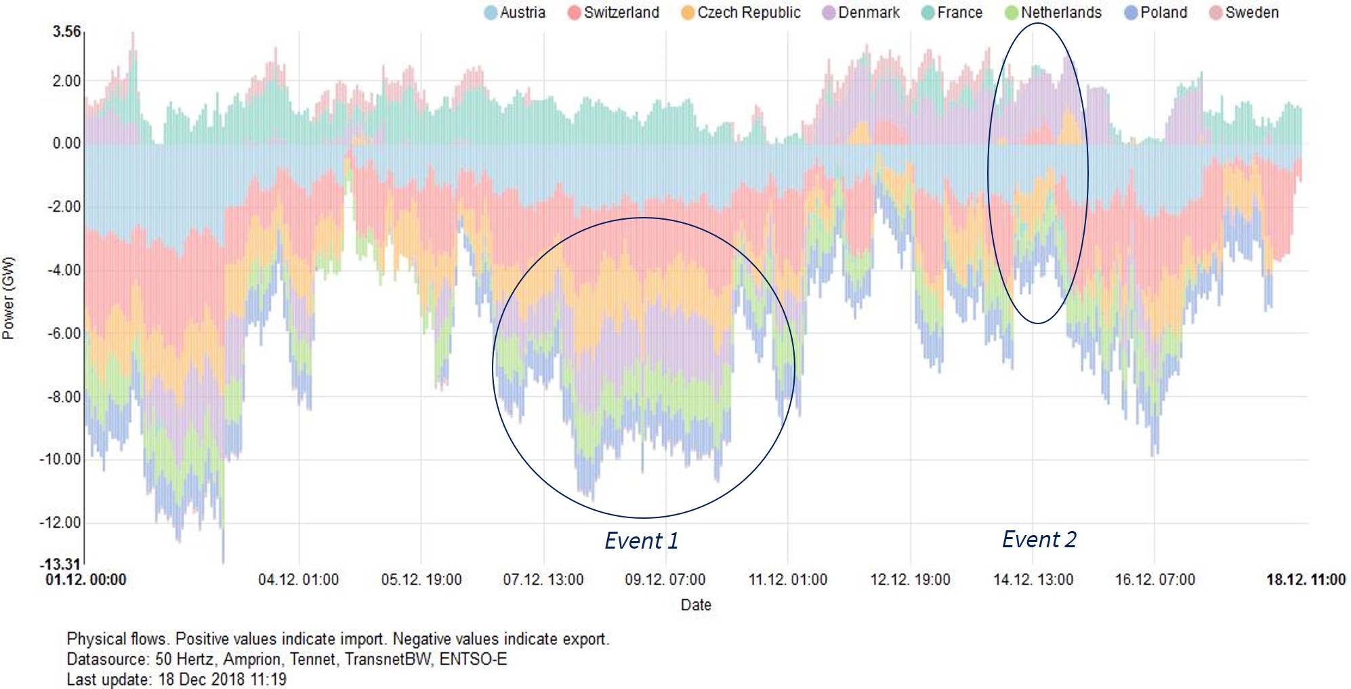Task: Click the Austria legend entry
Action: tap(516, 12)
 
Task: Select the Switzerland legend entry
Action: tap(614, 12)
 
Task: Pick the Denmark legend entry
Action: tap(861, 12)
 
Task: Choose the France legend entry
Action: tap(953, 12)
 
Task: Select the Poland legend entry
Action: tap(1157, 12)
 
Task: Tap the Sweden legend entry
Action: tap(1245, 12)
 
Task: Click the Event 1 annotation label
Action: tap(641, 540)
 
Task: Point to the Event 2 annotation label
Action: tap(1039, 539)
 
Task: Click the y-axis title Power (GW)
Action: tap(8, 298)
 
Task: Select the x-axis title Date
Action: tap(696, 604)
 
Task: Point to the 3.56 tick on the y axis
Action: tap(66, 32)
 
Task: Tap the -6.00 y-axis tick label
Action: tap(64, 334)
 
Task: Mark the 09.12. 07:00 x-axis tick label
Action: tap(665, 580)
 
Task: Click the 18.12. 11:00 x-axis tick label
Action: tap(1306, 580)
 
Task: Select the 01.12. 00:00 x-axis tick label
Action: tap(86, 580)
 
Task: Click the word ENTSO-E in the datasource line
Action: tap(473, 659)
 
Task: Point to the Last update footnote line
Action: tap(176, 679)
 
